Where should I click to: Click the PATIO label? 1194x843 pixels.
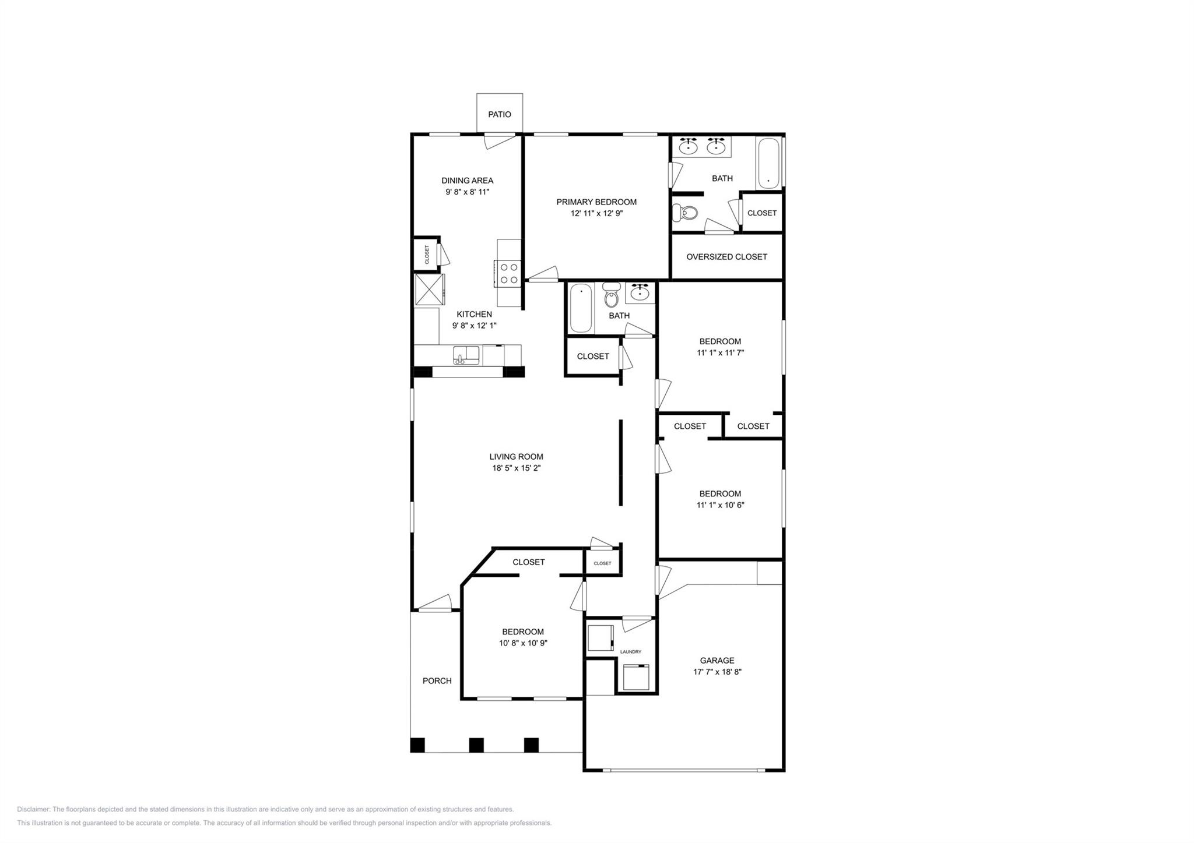499,114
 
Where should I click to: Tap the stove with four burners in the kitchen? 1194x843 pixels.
508,273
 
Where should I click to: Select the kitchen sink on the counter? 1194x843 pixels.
466,355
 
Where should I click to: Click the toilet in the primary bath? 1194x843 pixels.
685,213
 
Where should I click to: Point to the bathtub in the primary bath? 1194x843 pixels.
767,163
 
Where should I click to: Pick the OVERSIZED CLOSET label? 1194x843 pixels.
726,256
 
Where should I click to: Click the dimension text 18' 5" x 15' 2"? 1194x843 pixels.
516,468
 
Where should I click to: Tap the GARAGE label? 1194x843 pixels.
717,660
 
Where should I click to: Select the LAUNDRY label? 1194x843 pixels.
630,651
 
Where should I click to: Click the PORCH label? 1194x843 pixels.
437,680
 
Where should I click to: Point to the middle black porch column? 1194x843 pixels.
476,745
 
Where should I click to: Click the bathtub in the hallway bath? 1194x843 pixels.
581,308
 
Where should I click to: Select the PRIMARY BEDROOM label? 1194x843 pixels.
596,202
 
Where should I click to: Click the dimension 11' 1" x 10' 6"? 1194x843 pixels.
720,505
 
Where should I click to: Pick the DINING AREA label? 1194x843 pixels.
467,181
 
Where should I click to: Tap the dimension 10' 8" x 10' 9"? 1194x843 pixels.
522,643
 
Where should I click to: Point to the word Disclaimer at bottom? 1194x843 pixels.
33,809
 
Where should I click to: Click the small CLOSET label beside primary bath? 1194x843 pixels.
761,213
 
